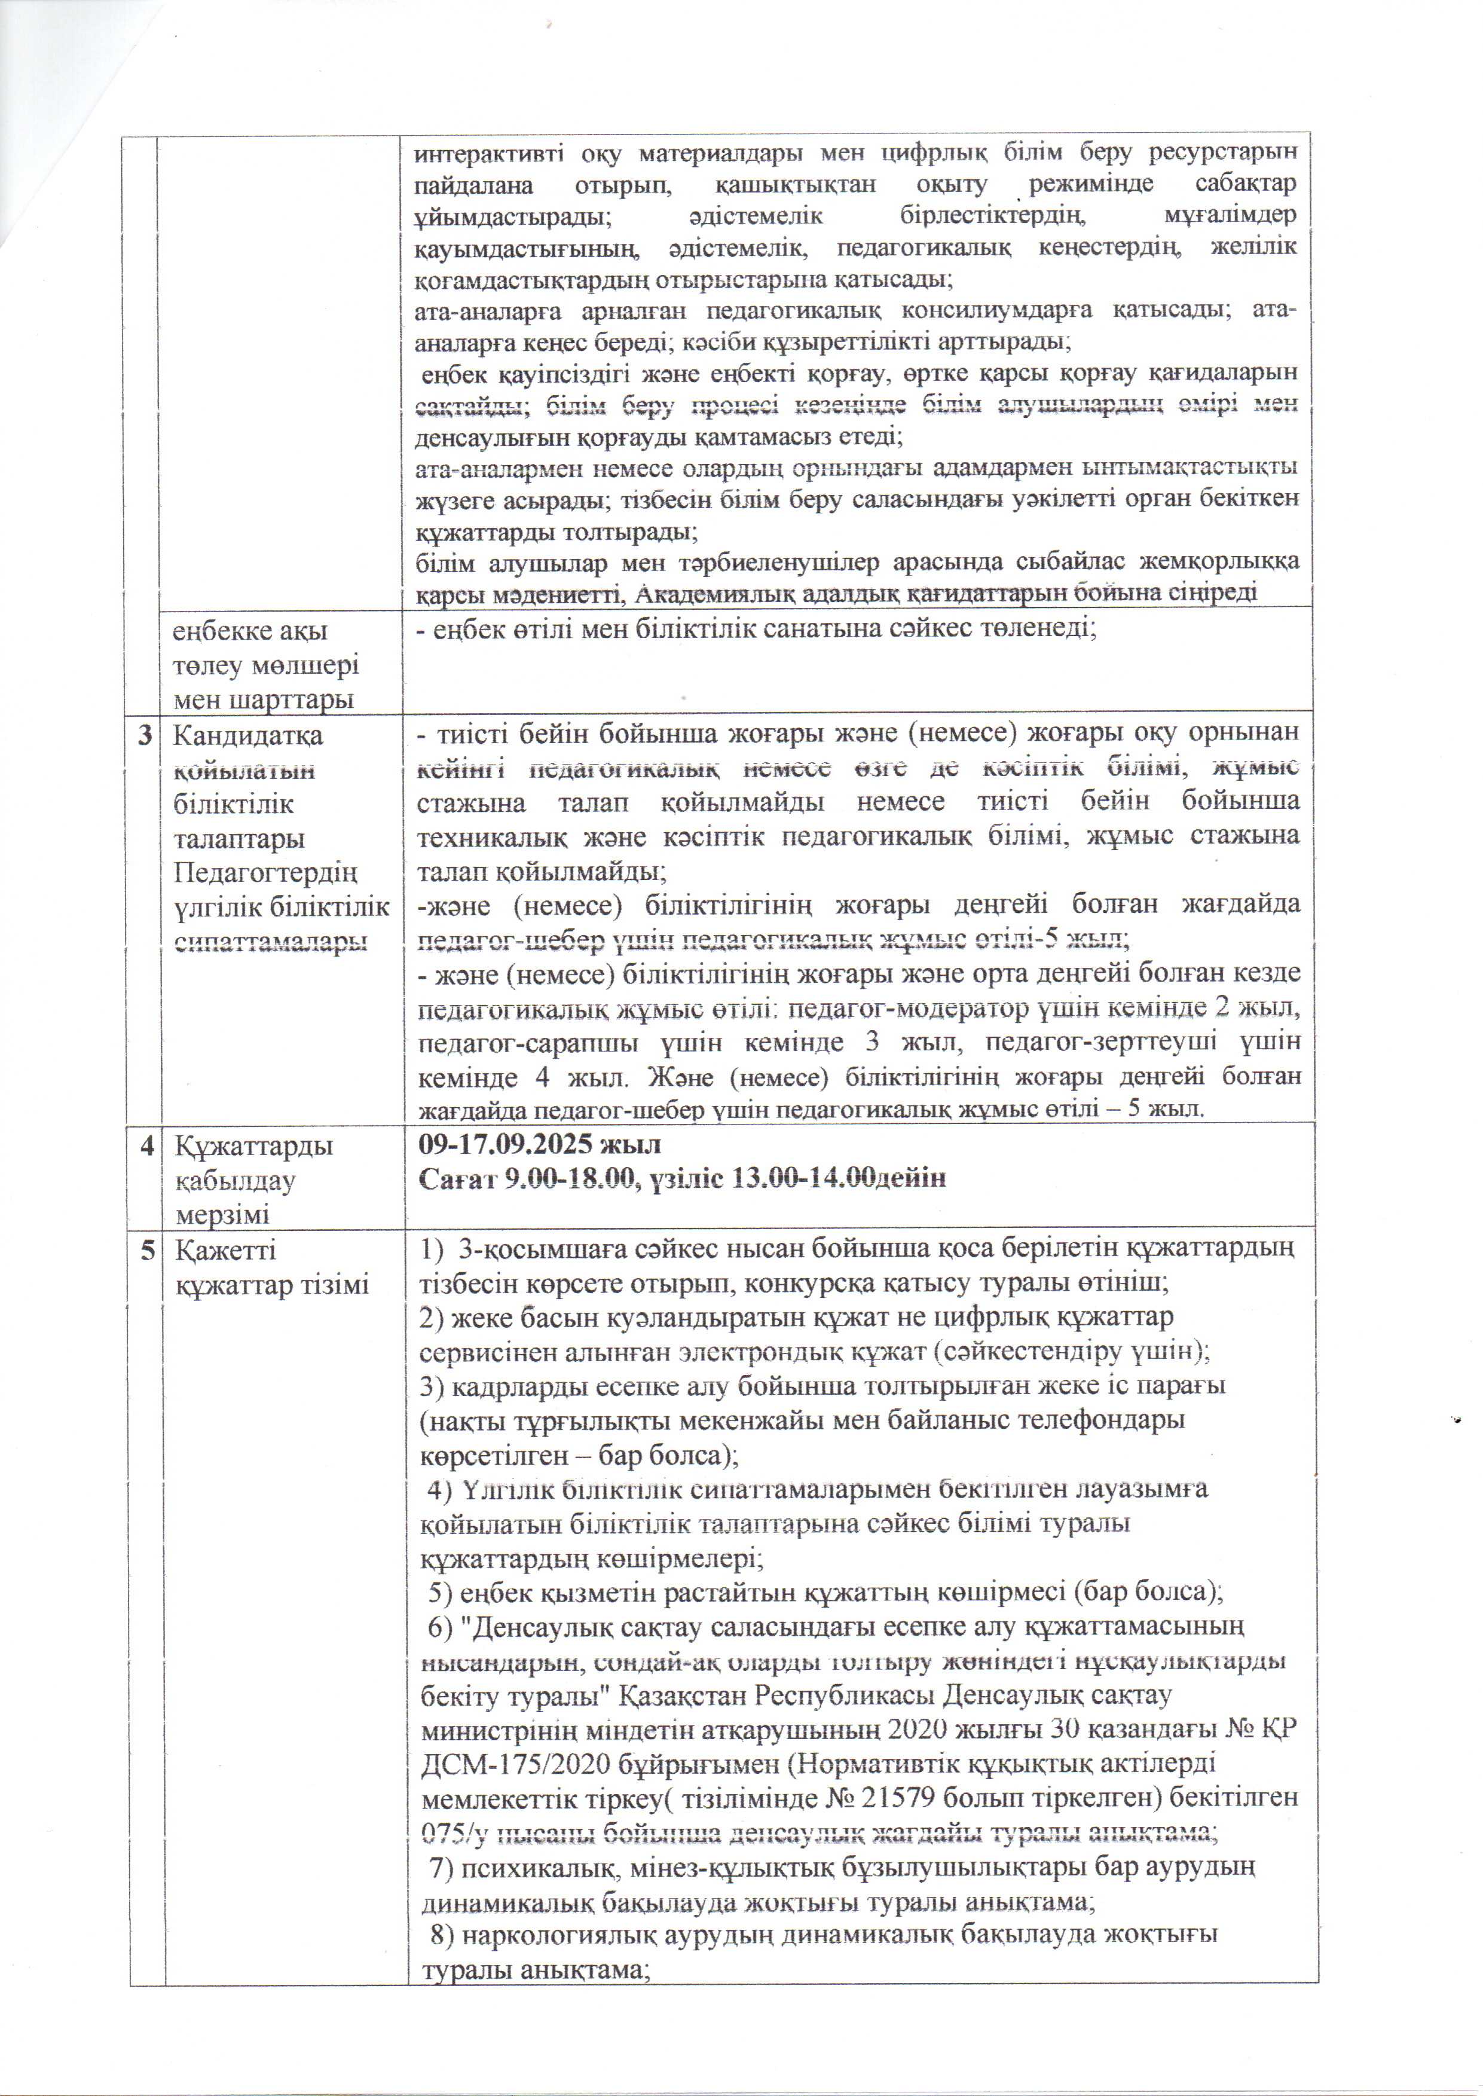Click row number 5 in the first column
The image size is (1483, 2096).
tap(146, 1250)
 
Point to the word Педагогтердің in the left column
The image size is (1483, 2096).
tap(265, 873)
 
